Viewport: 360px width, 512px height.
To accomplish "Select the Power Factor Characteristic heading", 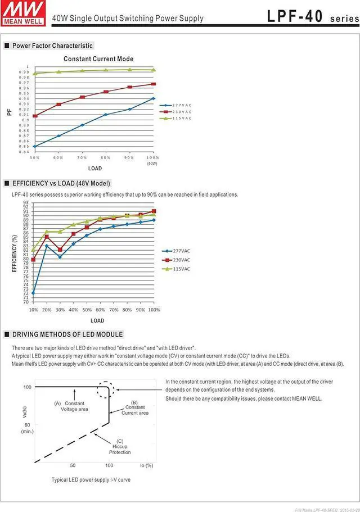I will click(x=52, y=46).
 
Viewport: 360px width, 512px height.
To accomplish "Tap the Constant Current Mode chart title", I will click(x=98, y=58).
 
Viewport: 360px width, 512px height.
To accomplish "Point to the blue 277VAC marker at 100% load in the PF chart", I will click(x=153, y=98).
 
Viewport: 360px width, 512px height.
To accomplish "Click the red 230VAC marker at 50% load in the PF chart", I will click(x=35, y=116).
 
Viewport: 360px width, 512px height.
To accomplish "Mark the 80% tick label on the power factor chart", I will click(x=106, y=158).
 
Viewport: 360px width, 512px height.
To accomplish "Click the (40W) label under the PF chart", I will click(x=152, y=164).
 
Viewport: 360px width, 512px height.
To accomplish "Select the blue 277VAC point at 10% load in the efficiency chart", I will click(x=33, y=293).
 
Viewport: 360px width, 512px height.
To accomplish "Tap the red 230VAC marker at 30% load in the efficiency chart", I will click(x=60, y=250).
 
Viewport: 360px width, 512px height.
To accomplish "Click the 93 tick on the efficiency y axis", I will click(x=26, y=202).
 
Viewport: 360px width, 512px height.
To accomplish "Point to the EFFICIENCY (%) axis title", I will click(x=14, y=253).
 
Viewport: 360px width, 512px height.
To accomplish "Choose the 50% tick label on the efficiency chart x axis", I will click(x=87, y=310).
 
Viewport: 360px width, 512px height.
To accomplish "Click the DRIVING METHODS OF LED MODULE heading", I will click(x=67, y=334).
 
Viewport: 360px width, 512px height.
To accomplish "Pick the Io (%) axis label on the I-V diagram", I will click(x=146, y=465).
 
